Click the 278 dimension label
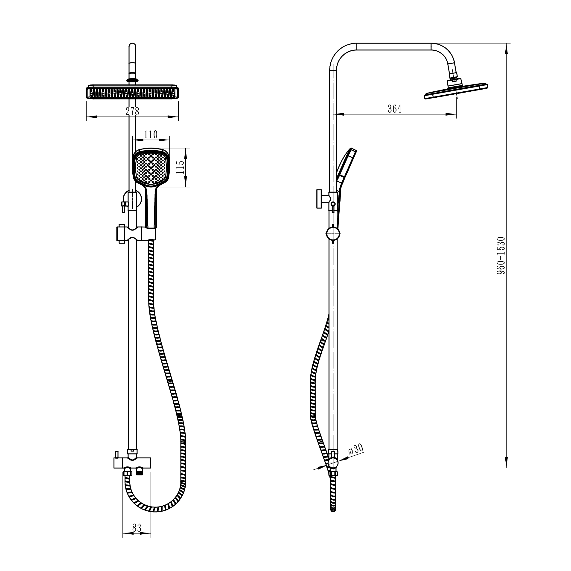point(132,112)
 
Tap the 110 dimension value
point(151,135)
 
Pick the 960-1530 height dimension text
point(501,255)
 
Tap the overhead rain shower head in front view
point(132,93)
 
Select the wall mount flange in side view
point(319,199)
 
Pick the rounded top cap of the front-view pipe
point(132,47)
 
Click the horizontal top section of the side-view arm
point(394,47)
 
